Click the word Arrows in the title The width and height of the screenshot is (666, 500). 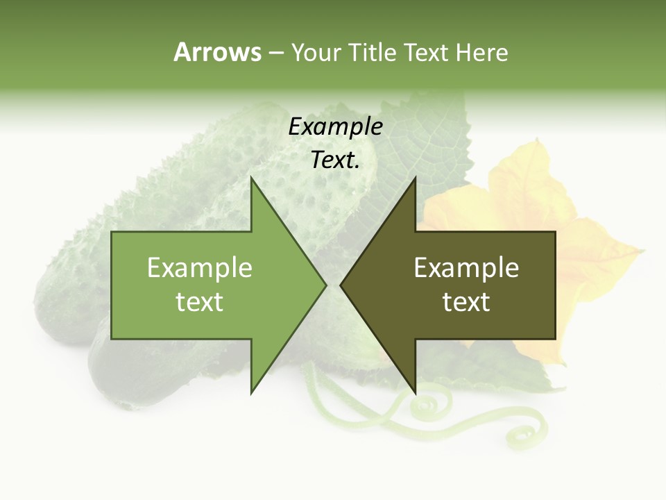217,52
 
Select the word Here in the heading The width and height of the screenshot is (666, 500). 481,52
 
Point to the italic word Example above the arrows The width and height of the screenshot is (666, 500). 335,127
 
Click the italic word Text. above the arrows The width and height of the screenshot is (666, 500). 335,160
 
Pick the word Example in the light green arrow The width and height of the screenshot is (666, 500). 200,268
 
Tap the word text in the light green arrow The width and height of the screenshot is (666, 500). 200,302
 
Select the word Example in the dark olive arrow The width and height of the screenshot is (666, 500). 466,268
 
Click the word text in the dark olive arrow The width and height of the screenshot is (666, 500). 466,302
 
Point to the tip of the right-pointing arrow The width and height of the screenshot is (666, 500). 325,285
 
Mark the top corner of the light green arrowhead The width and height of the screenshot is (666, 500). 252,178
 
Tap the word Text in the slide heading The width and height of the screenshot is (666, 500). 426,52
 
